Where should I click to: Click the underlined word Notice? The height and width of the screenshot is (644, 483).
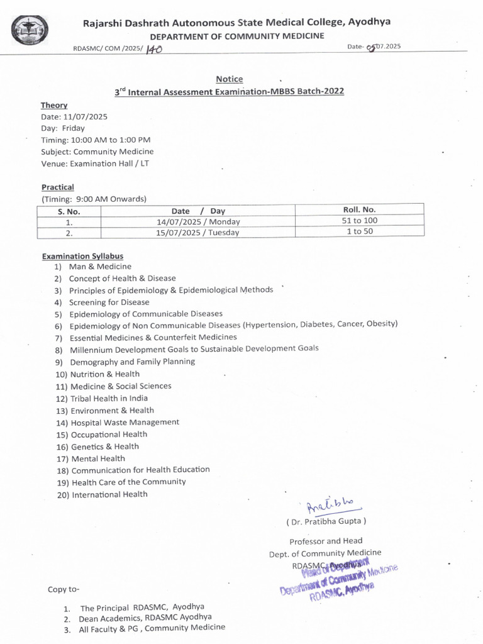(x=229, y=79)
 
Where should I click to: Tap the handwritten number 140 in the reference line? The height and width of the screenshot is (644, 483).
(x=153, y=49)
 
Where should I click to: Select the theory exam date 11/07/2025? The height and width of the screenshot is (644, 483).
(x=86, y=117)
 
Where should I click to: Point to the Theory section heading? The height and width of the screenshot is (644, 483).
(x=54, y=105)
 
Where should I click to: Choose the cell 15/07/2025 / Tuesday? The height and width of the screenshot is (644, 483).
(x=197, y=232)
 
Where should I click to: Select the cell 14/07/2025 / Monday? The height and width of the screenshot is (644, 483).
(x=197, y=221)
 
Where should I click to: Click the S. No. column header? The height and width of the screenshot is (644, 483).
(x=69, y=211)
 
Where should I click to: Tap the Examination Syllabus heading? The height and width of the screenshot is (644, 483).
(x=82, y=256)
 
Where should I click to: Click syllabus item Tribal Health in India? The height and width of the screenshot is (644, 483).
(x=109, y=398)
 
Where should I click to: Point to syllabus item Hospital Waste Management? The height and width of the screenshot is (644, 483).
(x=125, y=423)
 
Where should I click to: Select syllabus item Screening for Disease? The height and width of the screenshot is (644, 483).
(x=109, y=302)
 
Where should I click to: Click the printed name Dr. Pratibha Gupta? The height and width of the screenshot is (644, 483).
(x=326, y=521)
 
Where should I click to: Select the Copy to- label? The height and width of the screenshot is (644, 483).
(x=64, y=589)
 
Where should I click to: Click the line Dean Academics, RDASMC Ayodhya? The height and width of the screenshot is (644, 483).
(x=145, y=618)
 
